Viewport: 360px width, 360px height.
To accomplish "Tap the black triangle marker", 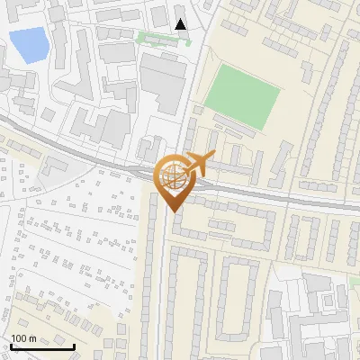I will pyautogui.click(x=181, y=24).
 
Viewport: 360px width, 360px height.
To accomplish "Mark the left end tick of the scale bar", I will pyautogui.click(x=11, y=346).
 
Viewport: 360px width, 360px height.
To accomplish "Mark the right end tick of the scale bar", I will pyautogui.click(x=75, y=346).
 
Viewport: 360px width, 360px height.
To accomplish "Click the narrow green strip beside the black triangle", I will pyautogui.click(x=158, y=38).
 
